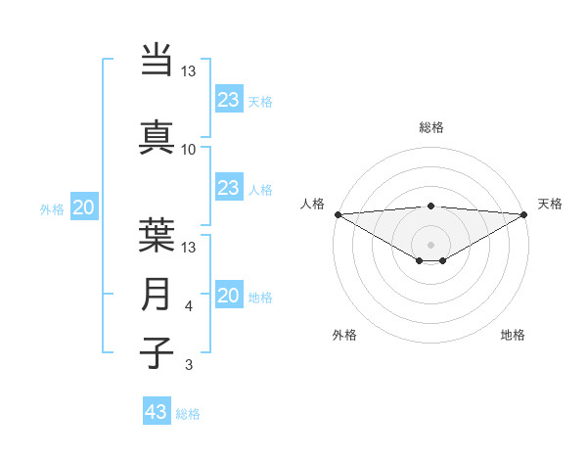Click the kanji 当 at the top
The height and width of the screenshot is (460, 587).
point(158,60)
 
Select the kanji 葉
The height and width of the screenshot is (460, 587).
point(158,234)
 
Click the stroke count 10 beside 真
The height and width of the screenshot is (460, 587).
point(188,150)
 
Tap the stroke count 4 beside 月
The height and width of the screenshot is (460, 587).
point(188,307)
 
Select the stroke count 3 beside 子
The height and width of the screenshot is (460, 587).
point(188,365)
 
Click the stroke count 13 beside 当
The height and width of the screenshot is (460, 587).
point(188,72)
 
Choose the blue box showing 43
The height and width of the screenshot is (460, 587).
point(157,412)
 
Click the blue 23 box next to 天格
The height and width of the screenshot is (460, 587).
point(229,100)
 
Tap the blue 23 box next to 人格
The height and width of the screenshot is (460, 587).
point(229,188)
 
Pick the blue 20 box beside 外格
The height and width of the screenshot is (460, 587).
point(84,207)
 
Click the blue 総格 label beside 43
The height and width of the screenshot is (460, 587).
point(188,414)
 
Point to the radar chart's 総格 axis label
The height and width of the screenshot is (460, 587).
point(431,127)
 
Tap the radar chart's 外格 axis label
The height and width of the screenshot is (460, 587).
point(344,335)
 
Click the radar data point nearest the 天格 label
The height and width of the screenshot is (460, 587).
point(524,214)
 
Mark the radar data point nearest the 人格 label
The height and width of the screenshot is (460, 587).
point(338,214)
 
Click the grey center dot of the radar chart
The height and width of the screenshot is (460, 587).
point(431,244)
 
